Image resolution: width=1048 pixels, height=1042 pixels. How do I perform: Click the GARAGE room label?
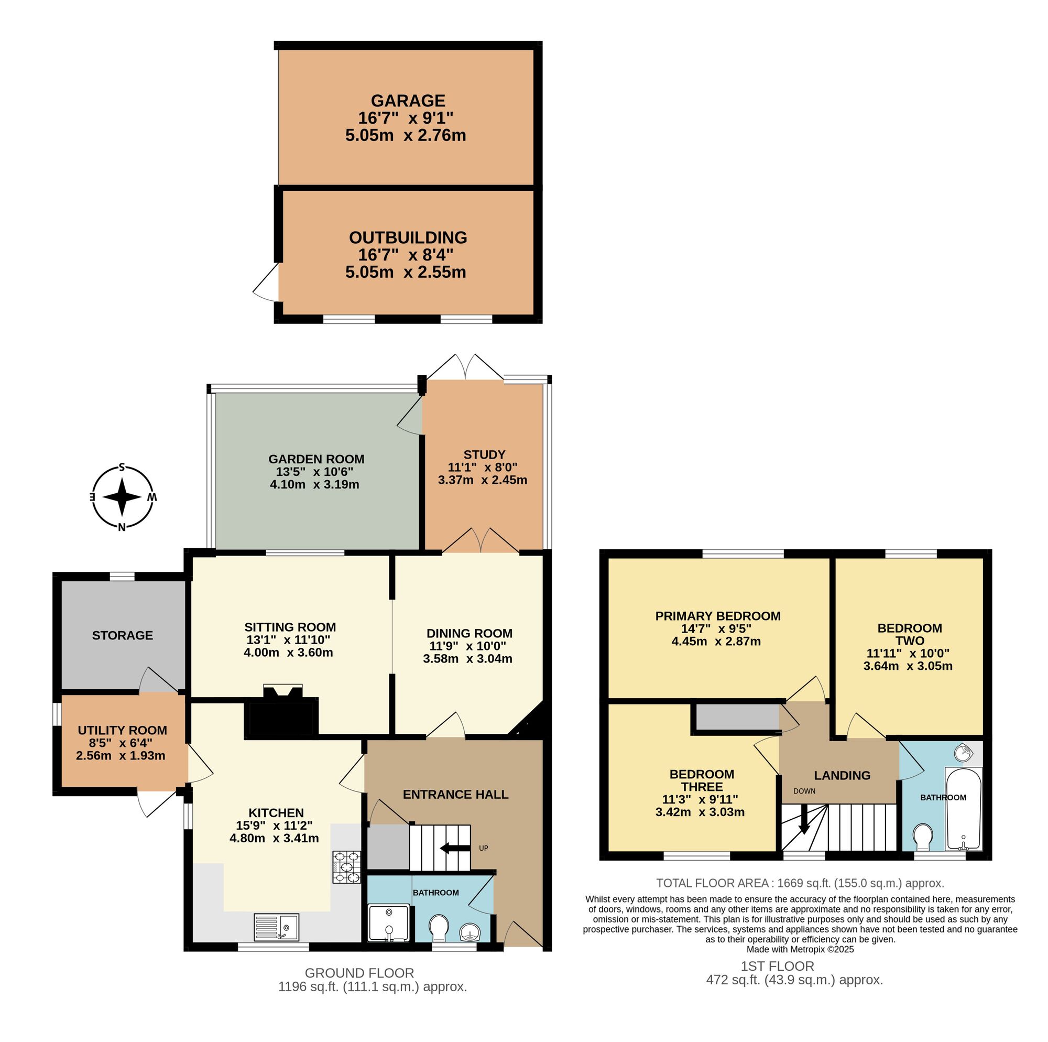click(408, 101)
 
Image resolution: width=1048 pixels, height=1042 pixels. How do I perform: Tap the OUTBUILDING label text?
click(408, 238)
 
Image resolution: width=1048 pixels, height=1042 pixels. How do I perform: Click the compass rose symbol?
click(123, 497)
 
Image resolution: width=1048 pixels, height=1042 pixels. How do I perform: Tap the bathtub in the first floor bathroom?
click(964, 809)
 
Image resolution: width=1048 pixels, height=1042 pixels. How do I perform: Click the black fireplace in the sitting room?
click(281, 711)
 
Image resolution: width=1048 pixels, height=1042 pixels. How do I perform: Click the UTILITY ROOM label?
click(123, 731)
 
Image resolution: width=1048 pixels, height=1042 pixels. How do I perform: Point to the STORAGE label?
click(123, 635)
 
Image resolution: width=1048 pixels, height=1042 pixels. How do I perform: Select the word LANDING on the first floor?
click(843, 776)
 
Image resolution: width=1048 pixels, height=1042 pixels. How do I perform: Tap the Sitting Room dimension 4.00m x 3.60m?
click(289, 653)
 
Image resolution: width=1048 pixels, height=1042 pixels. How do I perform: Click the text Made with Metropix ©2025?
click(800, 949)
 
